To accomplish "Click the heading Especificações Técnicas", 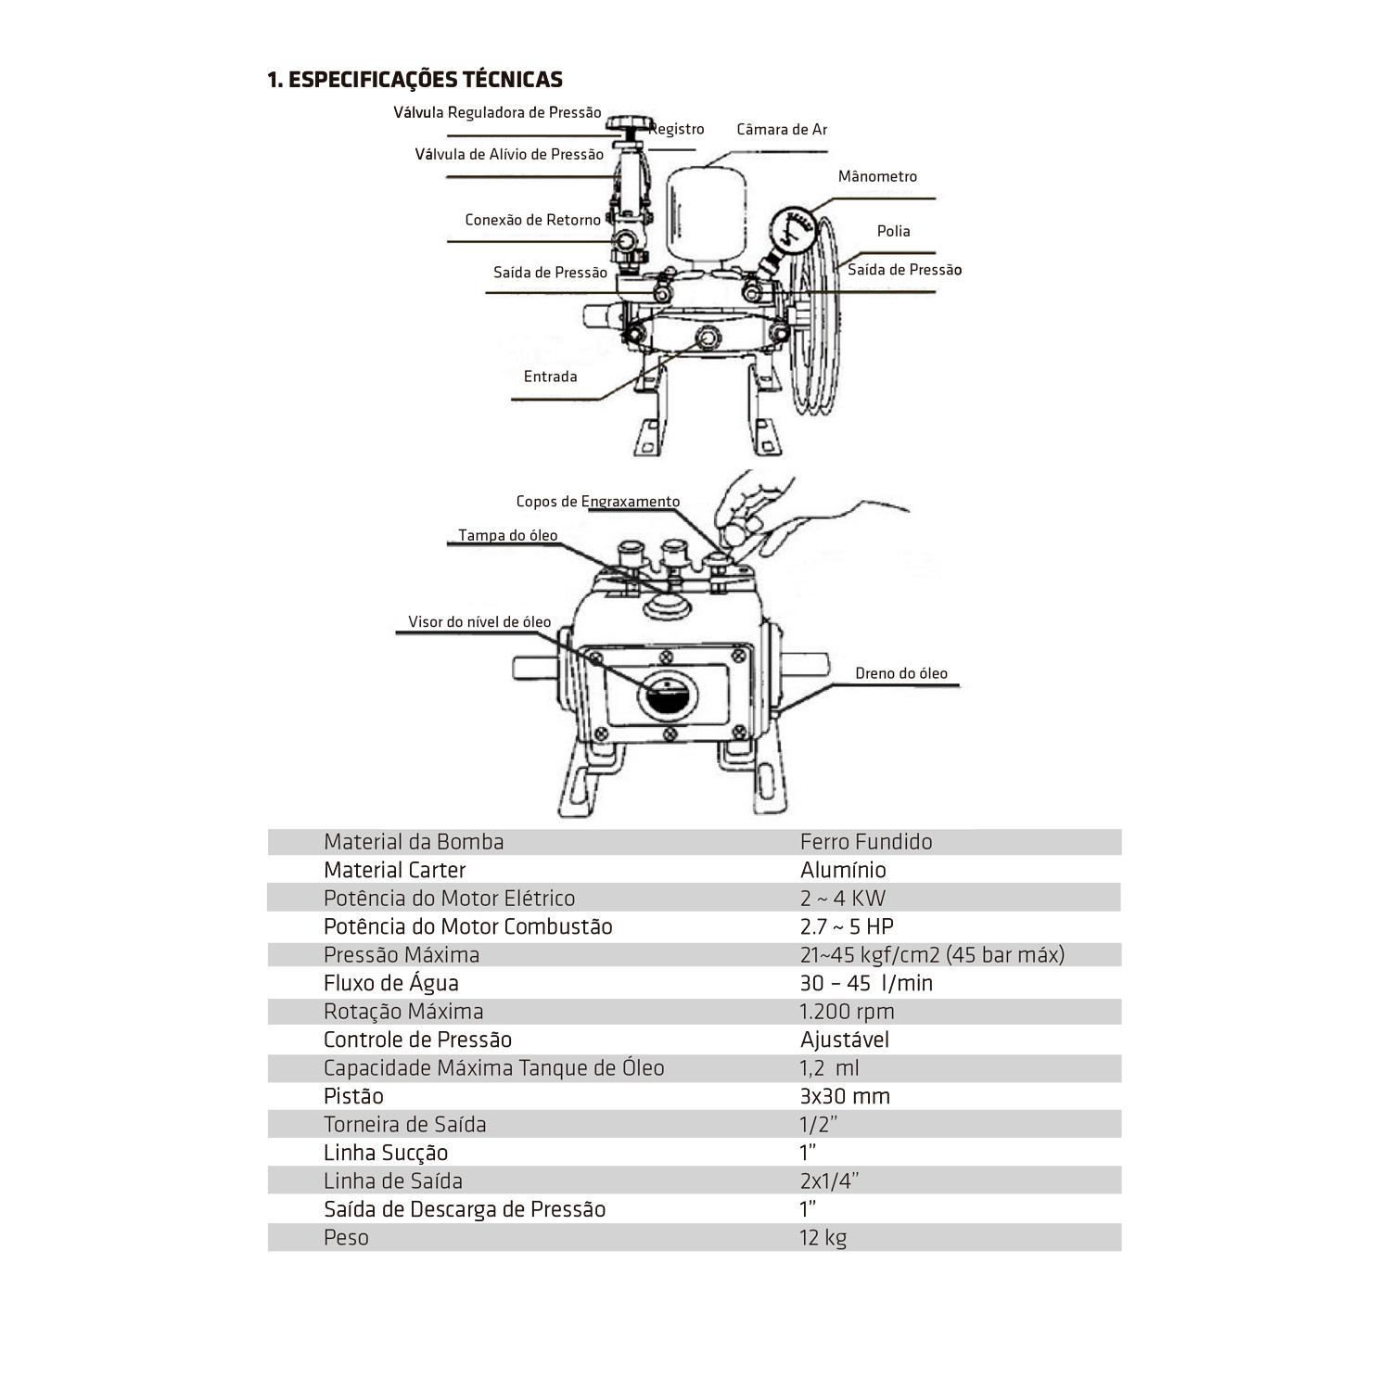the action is tap(415, 80).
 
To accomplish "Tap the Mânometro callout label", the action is tap(877, 176).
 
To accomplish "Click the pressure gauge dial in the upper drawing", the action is tap(791, 228).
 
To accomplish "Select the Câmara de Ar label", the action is tap(781, 129).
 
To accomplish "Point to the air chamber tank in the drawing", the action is tap(704, 215).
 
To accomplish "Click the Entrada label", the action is tap(550, 376).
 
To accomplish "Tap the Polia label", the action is tap(894, 231).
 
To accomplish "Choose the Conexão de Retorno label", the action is tap(533, 220).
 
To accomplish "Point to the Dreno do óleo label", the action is tap(901, 673).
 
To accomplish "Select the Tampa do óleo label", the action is tap(508, 535).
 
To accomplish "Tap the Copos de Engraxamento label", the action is tap(598, 502).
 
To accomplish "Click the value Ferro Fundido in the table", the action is tap(866, 842).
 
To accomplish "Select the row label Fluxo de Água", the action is tap(391, 983).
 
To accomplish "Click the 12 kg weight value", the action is tap(823, 1238).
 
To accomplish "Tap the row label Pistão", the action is tap(353, 1096).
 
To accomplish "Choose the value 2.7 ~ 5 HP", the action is tap(847, 926).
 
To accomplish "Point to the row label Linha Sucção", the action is tap(386, 1153).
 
